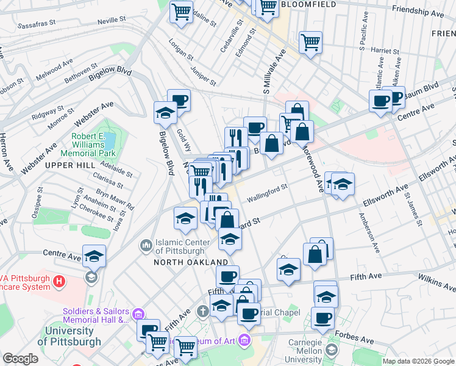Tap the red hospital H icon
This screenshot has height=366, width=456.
[x=59, y=281]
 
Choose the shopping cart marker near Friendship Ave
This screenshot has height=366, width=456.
[x=310, y=42]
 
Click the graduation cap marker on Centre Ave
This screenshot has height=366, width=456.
[x=94, y=257]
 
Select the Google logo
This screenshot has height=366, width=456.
[x=20, y=359]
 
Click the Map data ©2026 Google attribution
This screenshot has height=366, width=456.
[x=418, y=361]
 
